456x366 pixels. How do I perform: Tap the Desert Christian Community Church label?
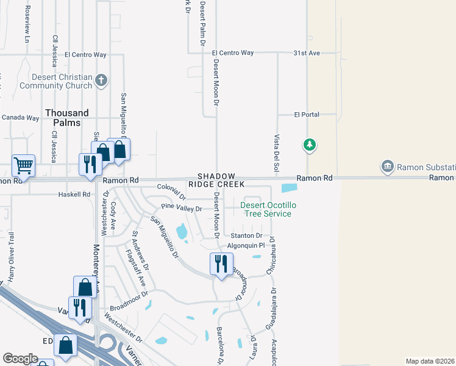click(x=55, y=81)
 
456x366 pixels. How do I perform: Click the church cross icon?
click(x=102, y=79)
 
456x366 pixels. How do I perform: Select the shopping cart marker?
click(x=23, y=165)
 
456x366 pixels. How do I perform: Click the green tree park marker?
click(x=310, y=145)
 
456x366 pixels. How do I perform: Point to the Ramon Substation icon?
click(x=387, y=167)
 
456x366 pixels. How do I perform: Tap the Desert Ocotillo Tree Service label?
click(x=267, y=209)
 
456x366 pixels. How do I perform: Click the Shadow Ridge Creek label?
click(x=216, y=180)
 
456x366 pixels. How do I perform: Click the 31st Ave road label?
click(x=306, y=53)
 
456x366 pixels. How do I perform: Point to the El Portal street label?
click(x=306, y=114)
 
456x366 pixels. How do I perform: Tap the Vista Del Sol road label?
click(x=276, y=152)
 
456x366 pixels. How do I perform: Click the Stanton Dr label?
click(x=246, y=235)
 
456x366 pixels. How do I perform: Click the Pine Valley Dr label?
click(x=182, y=209)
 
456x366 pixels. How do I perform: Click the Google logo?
click(x=21, y=359)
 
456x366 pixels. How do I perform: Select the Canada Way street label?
click(x=20, y=118)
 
